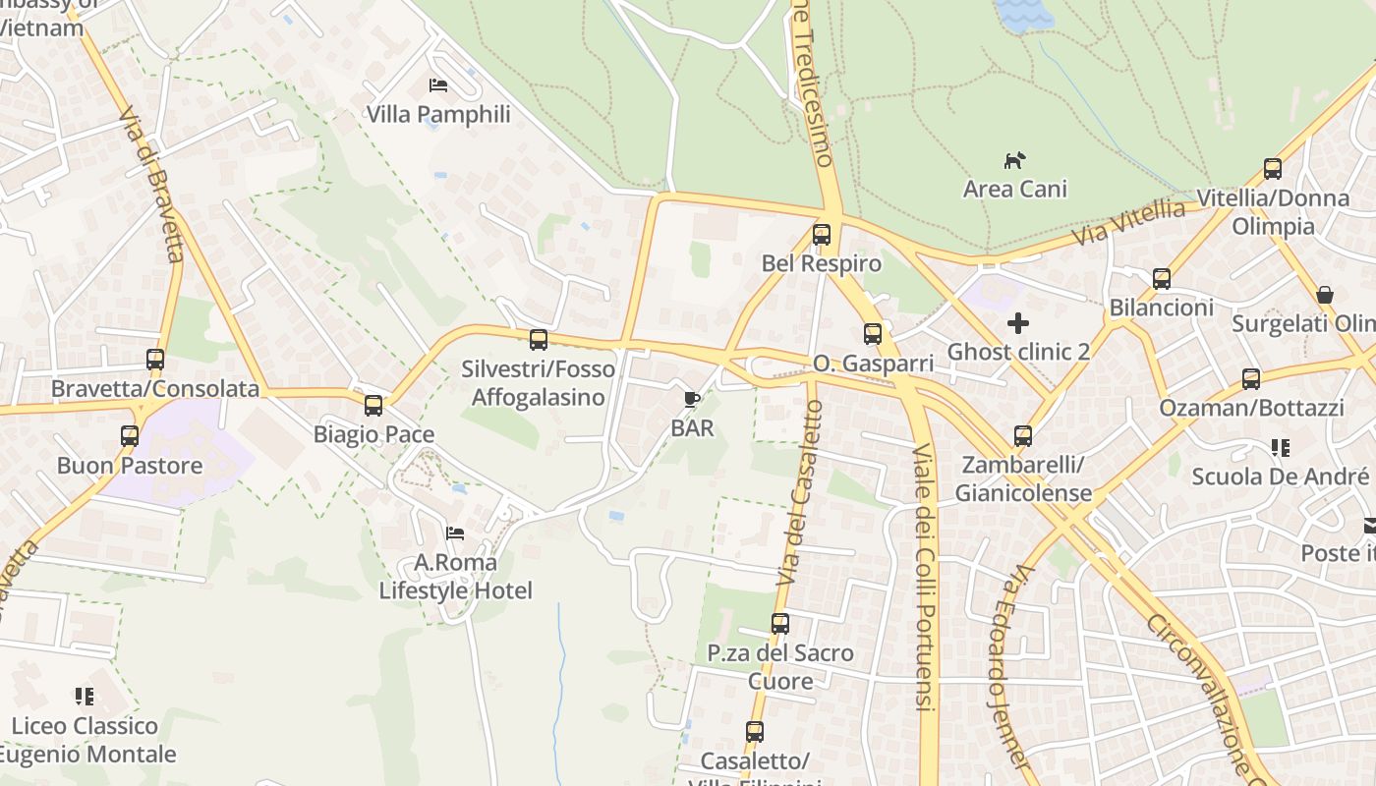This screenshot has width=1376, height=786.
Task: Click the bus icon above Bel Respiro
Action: [x=822, y=235]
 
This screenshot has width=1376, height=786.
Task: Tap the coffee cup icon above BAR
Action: [x=692, y=399]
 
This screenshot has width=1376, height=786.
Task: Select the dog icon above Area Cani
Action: [x=1014, y=159]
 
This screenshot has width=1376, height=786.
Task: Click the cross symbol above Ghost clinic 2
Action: [x=1018, y=322]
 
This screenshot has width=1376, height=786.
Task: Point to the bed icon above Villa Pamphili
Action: [x=438, y=85]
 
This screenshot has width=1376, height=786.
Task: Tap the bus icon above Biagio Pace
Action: [x=373, y=405]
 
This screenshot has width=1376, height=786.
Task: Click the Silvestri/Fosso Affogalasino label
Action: [x=538, y=383]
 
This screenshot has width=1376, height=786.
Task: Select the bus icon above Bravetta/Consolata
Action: [x=155, y=360]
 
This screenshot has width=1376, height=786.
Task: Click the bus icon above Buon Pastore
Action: [x=130, y=436]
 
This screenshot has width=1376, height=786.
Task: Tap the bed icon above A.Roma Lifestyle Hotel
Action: [x=455, y=533]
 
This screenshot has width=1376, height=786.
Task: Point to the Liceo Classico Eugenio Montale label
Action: [x=86, y=740]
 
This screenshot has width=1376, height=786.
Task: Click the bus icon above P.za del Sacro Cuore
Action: [x=780, y=624]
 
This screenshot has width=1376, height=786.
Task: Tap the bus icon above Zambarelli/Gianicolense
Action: [x=1023, y=435]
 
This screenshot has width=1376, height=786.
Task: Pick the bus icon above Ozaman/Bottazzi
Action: [x=1251, y=378]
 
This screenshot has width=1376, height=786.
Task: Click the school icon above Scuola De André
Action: [x=1280, y=448]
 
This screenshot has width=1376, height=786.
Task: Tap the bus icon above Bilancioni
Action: [x=1162, y=279]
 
